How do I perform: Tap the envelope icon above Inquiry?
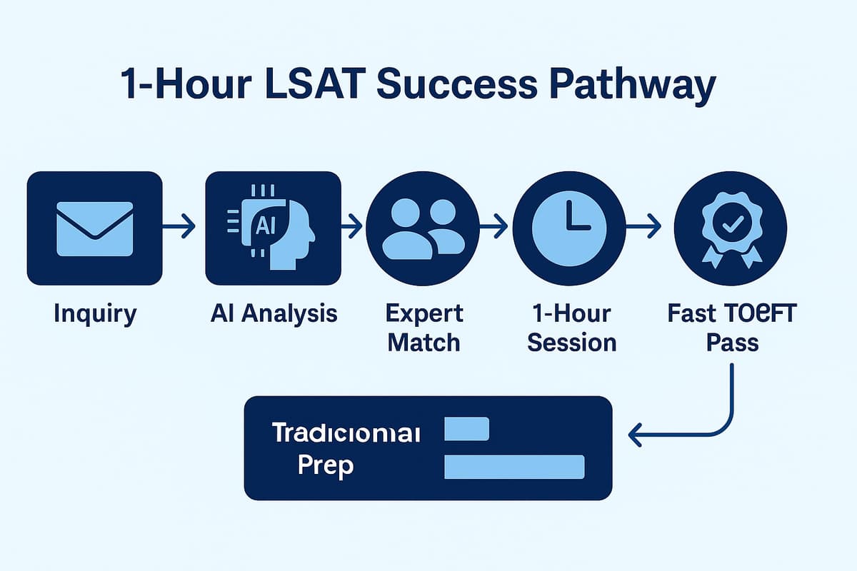point(94,228)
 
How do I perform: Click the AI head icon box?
point(273,228)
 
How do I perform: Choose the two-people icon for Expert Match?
point(422,228)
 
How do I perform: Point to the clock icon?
point(569,228)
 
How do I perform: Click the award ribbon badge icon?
point(730,228)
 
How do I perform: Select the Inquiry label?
point(94,314)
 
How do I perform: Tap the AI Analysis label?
point(274,314)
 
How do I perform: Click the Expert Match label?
point(424,328)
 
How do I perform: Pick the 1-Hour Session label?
point(571,328)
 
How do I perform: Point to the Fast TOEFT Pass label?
point(731,328)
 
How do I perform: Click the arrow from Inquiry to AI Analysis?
point(179,228)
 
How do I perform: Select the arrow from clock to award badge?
point(643,228)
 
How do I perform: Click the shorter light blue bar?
point(466,429)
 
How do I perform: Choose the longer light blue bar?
point(514,466)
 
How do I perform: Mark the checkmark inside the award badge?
point(731,226)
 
